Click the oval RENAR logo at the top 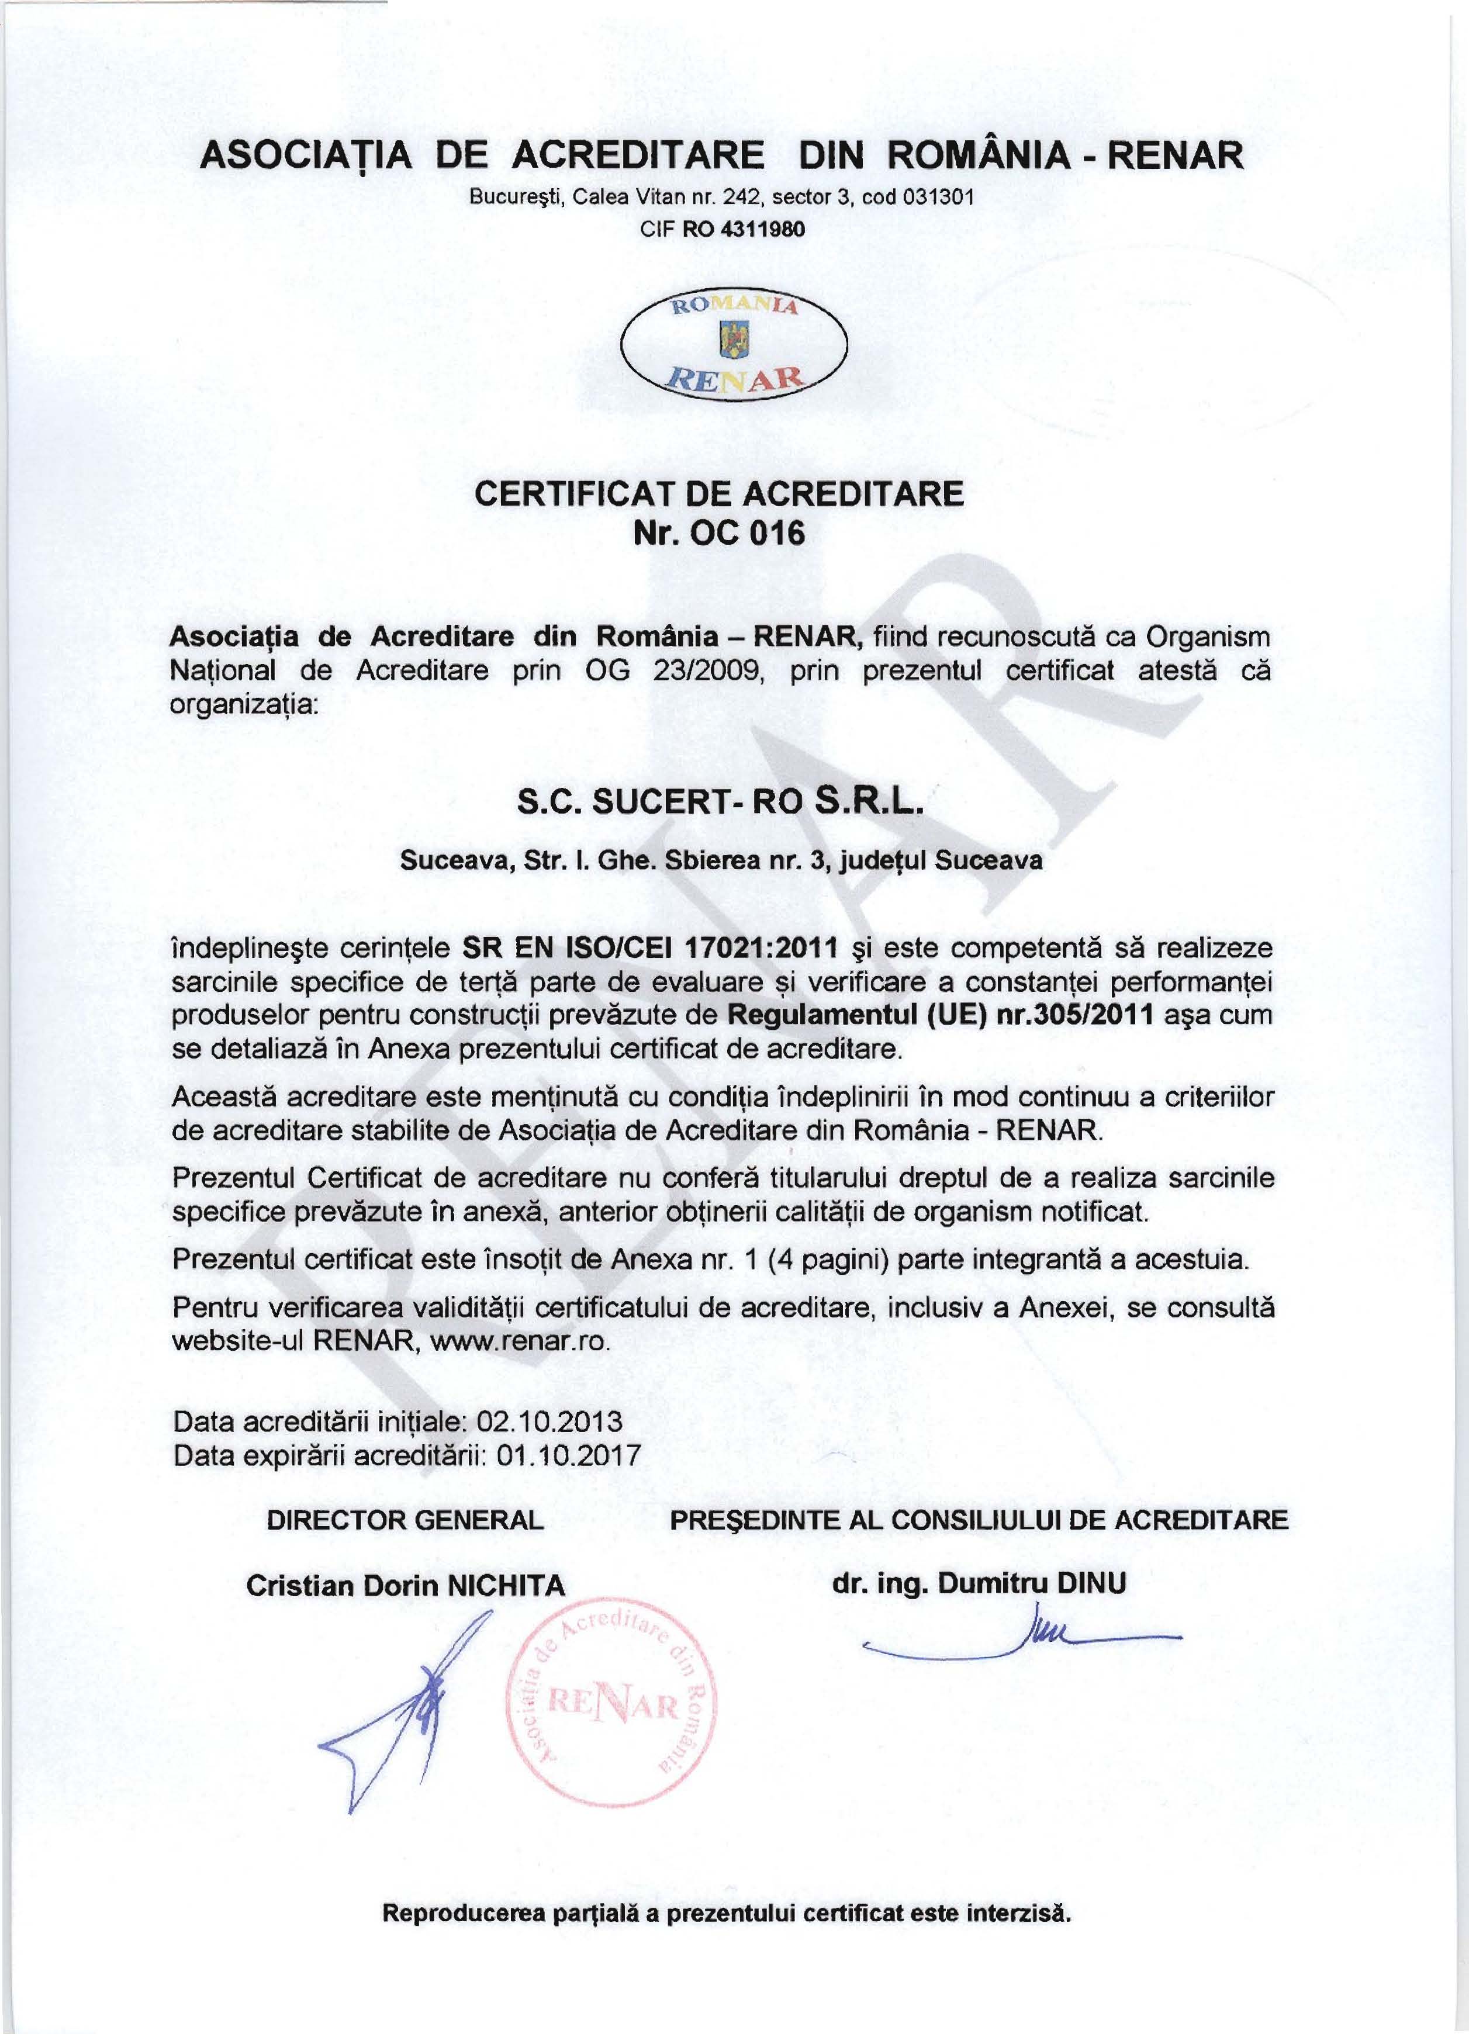(734, 347)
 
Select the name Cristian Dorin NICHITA (405, 1586)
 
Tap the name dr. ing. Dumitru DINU (979, 1583)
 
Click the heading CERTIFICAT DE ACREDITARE (718, 494)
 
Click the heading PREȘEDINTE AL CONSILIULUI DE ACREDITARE (979, 1520)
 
